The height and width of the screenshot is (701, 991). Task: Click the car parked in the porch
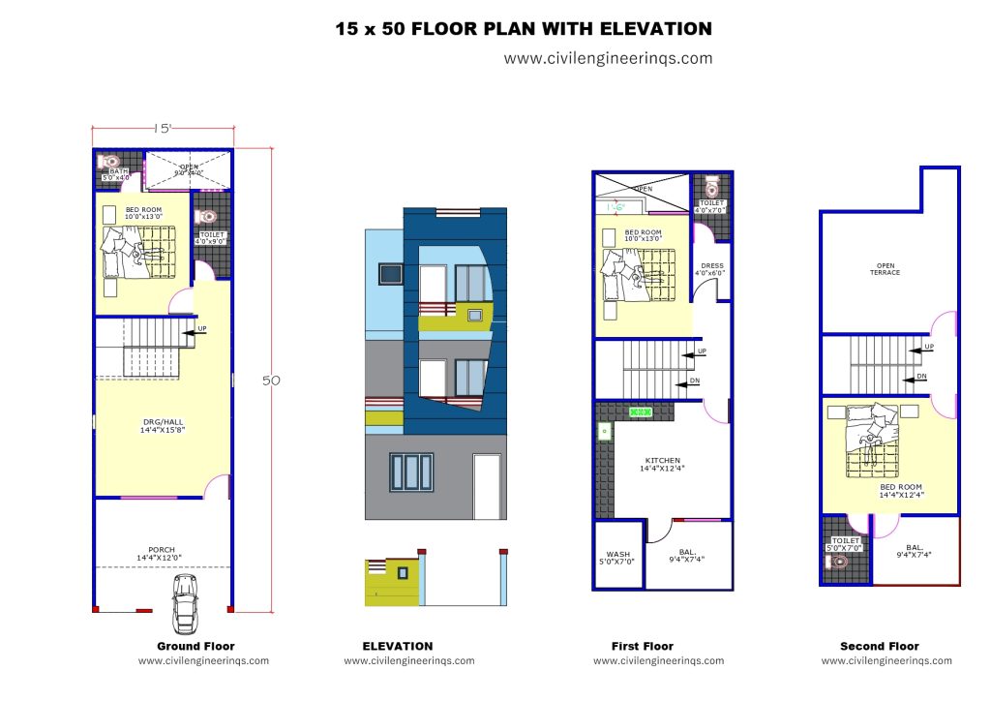[x=184, y=603]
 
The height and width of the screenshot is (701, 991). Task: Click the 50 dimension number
[x=272, y=381]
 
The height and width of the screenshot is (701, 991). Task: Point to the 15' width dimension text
[x=162, y=128]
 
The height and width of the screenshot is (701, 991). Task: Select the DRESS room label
[x=711, y=269]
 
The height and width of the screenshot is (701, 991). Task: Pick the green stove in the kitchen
[x=641, y=412]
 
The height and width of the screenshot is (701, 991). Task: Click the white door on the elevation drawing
[x=487, y=486]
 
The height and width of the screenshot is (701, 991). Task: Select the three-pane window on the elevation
[x=411, y=472]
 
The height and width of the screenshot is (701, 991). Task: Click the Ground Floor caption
[x=195, y=646]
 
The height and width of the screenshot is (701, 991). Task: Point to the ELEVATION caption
[x=398, y=646]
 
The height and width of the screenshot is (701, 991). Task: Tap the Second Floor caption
[x=880, y=646]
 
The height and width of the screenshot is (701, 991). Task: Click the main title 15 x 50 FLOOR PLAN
[x=524, y=29]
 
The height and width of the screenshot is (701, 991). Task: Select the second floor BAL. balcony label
[x=915, y=550]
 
